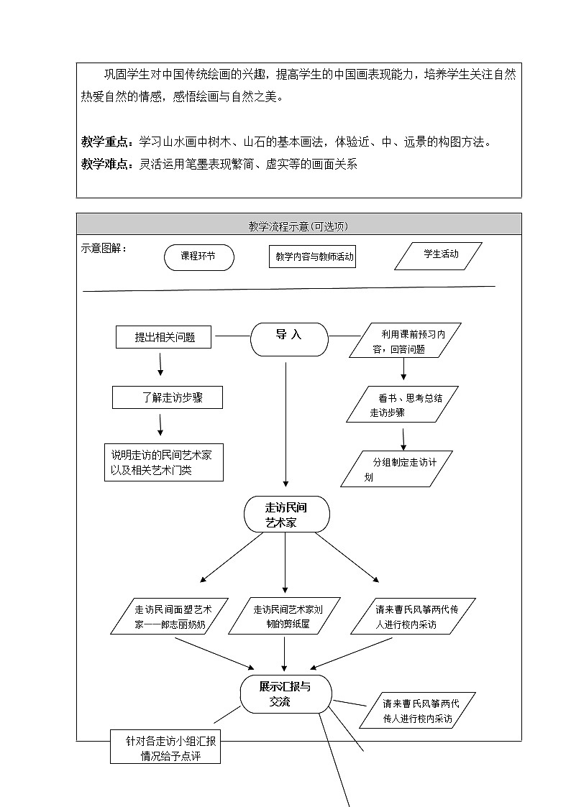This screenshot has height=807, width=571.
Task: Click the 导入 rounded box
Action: tap(289, 338)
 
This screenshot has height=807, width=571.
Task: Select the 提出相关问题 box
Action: tap(164, 337)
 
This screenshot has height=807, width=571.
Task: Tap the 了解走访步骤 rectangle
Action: tap(168, 397)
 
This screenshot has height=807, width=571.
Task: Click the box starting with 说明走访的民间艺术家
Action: tap(164, 462)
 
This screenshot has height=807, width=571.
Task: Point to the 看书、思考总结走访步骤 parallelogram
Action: tap(403, 405)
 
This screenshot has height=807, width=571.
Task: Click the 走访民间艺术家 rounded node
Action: tap(286, 515)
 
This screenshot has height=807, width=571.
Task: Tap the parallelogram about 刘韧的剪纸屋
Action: tap(287, 617)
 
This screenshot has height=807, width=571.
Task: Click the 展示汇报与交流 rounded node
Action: tap(285, 694)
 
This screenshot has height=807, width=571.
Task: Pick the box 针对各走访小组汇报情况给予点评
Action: tap(165, 747)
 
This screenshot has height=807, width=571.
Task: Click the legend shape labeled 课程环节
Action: tap(198, 257)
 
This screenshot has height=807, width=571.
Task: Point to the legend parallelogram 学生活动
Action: tap(438, 255)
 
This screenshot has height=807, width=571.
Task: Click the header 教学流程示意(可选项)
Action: tap(298, 226)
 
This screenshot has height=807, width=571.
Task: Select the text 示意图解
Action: tap(103, 248)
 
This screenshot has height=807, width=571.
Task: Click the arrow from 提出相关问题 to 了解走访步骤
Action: tap(160, 364)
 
